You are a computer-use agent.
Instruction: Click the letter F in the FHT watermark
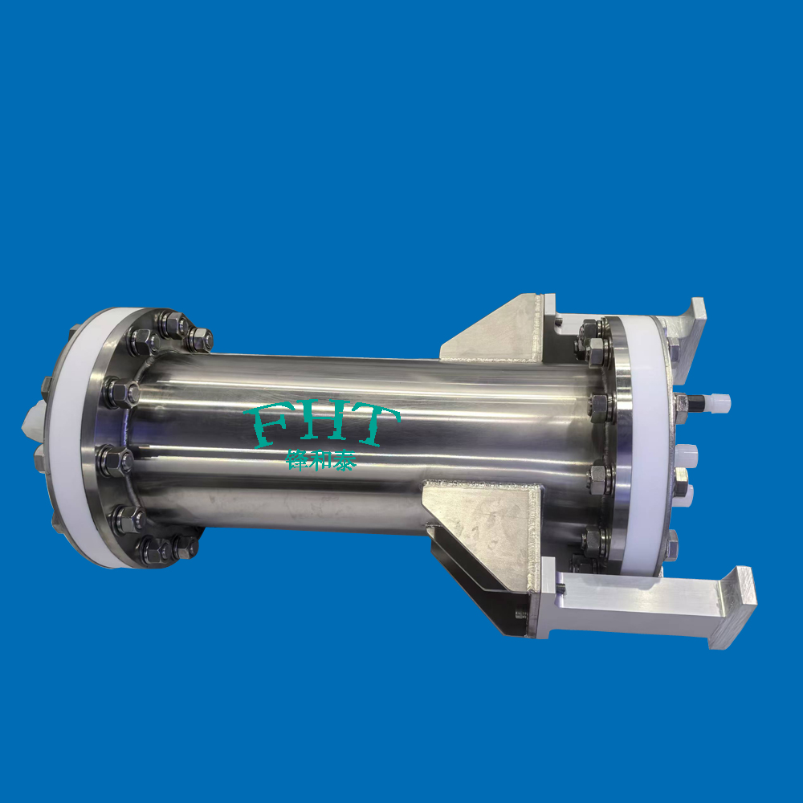pyautogui.click(x=268, y=424)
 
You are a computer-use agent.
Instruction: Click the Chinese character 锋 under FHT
pyautogui.click(x=297, y=460)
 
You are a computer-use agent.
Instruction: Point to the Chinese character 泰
pyautogui.click(x=344, y=460)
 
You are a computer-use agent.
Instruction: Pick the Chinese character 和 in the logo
pyautogui.click(x=320, y=460)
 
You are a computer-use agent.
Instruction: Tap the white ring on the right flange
pyautogui.click(x=648, y=440)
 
